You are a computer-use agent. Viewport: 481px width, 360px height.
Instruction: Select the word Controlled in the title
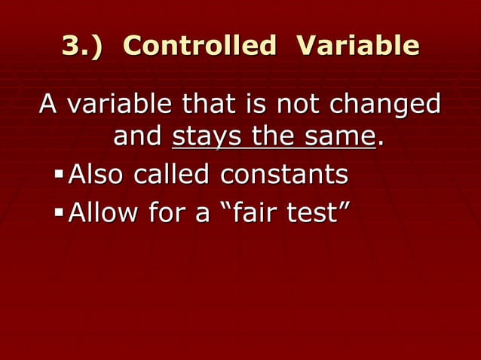(x=199, y=47)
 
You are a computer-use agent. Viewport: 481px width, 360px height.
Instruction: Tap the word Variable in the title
(x=358, y=47)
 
